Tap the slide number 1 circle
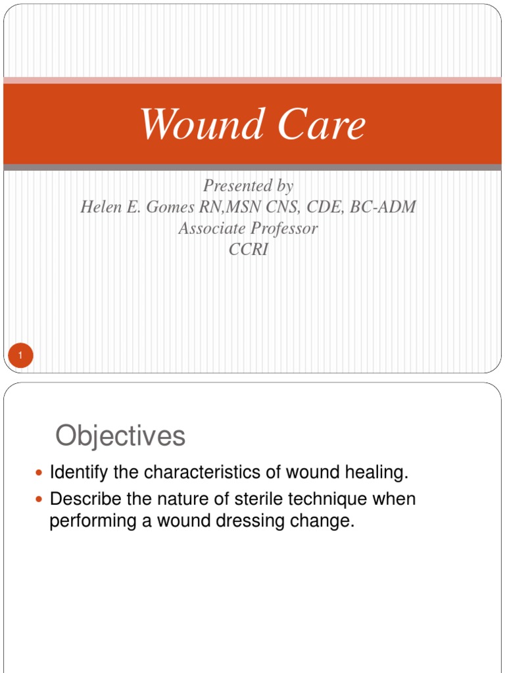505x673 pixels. click(x=20, y=356)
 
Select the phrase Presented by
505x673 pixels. click(x=248, y=186)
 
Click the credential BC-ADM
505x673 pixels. click(x=384, y=207)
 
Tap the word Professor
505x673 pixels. click(x=283, y=229)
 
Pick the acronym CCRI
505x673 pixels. click(x=248, y=250)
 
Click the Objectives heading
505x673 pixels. click(x=120, y=436)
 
